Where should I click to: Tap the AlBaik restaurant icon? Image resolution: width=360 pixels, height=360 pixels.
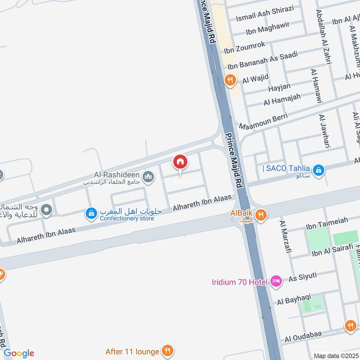pos(260,216)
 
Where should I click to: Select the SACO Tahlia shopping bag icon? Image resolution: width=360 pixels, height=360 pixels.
pos(319,170)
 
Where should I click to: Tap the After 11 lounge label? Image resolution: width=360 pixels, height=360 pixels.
pos(132,351)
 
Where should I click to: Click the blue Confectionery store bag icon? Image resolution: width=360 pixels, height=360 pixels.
pos(91,213)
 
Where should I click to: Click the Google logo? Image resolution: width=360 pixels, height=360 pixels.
pos(19,353)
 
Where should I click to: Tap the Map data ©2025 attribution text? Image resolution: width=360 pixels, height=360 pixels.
pos(335,355)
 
